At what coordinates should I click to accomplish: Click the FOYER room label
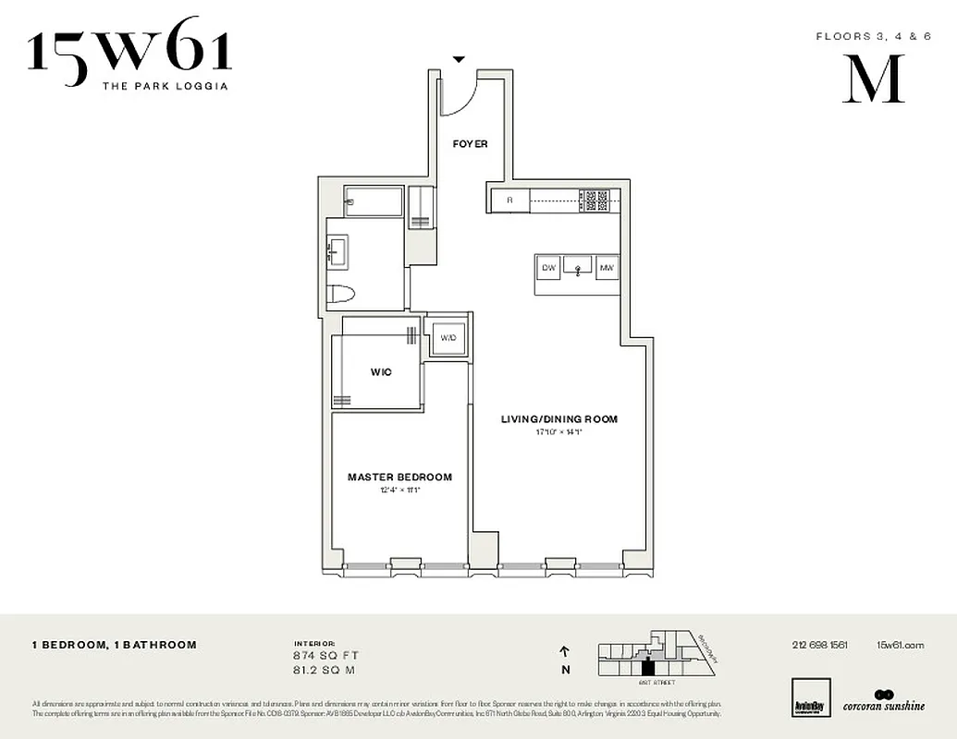pyautogui.click(x=470, y=144)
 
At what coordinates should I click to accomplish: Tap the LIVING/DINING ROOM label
pyautogui.click(x=558, y=419)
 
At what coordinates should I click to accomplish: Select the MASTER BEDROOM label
pyautogui.click(x=399, y=478)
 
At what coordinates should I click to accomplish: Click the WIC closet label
pyautogui.click(x=381, y=372)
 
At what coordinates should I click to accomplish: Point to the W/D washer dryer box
pyautogui.click(x=448, y=338)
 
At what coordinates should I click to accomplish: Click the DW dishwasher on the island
pyautogui.click(x=548, y=268)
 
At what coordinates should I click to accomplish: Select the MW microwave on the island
pyautogui.click(x=607, y=268)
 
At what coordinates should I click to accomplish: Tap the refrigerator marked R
pyautogui.click(x=509, y=200)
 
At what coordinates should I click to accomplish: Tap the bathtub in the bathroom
pyautogui.click(x=374, y=201)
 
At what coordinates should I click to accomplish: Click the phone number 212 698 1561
pyautogui.click(x=819, y=646)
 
